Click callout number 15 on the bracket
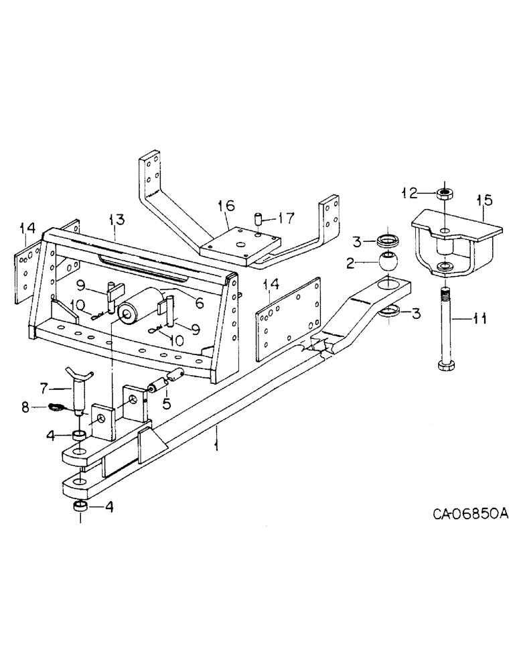pyautogui.click(x=484, y=200)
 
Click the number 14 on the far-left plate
pyautogui.click(x=27, y=230)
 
